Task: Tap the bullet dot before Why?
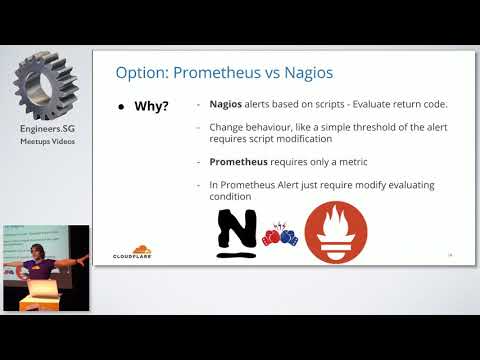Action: (x=121, y=105)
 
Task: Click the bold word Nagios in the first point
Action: (x=229, y=104)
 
